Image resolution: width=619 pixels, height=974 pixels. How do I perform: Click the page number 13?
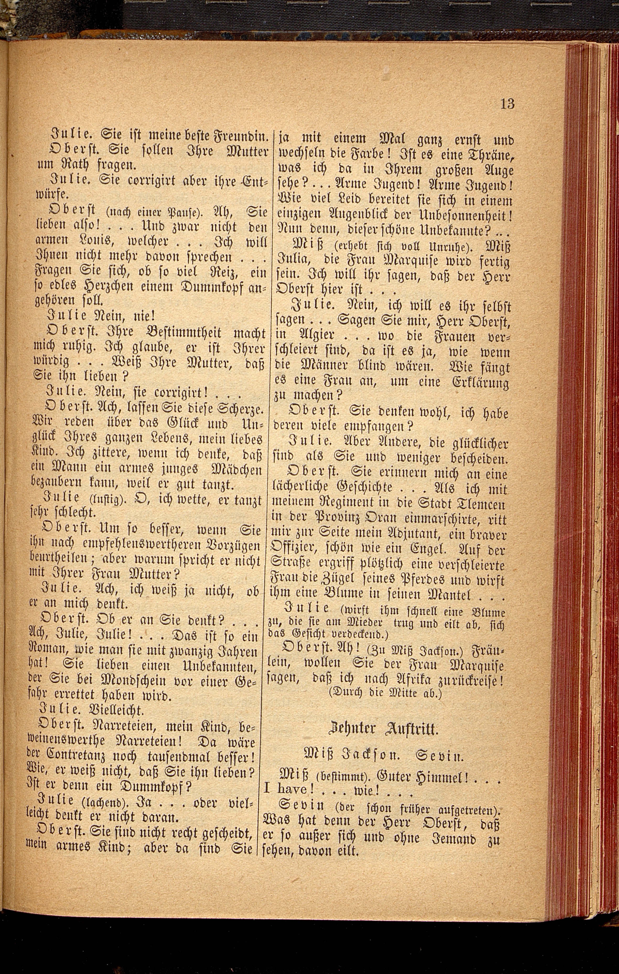pos(507,104)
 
